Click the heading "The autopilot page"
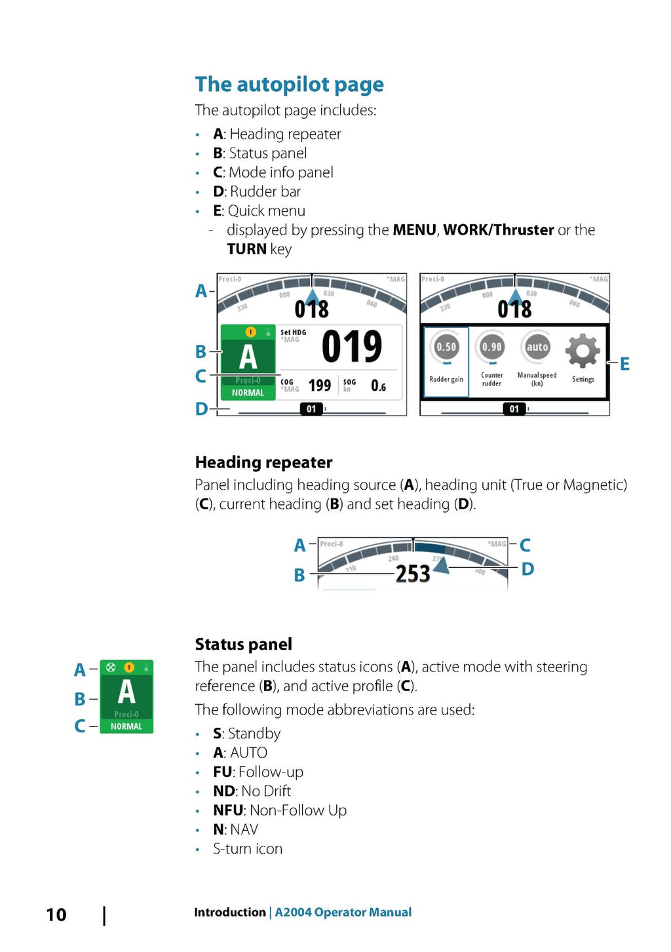(x=289, y=85)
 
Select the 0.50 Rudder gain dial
(x=446, y=347)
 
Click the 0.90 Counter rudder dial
(x=492, y=347)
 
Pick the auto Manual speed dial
(x=537, y=347)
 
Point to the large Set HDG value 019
(x=352, y=347)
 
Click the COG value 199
(x=320, y=386)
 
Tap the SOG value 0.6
(x=378, y=386)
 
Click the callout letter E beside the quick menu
(x=624, y=364)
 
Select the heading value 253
(x=413, y=574)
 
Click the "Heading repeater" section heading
(x=263, y=462)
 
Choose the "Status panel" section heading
(x=243, y=645)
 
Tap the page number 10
(x=56, y=915)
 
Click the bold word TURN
(x=246, y=249)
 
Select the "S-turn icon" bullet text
(x=248, y=849)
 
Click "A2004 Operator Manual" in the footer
(x=343, y=912)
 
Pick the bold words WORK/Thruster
(x=499, y=230)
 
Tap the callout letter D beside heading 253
(x=527, y=569)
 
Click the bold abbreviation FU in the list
(x=223, y=772)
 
